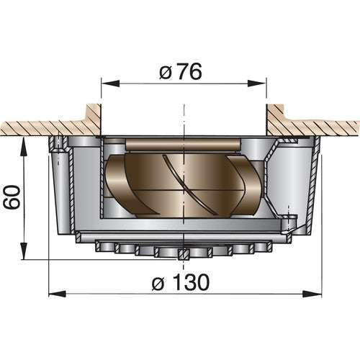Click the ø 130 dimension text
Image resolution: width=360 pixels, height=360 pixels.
[x=181, y=282]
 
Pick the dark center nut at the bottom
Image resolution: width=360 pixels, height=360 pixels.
[x=185, y=254]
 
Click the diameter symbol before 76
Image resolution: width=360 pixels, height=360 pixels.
[x=165, y=72]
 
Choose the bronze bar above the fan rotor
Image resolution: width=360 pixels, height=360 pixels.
[x=180, y=145]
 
